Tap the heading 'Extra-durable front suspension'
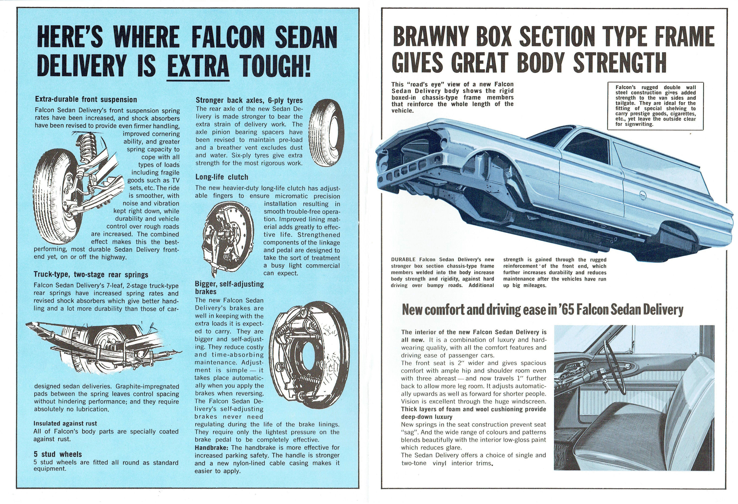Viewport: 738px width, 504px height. (86, 100)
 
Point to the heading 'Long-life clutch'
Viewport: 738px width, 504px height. (222, 177)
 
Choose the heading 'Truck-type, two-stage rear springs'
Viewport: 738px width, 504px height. (91, 275)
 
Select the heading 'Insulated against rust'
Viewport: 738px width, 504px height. (65, 424)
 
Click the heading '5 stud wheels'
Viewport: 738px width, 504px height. (58, 454)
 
